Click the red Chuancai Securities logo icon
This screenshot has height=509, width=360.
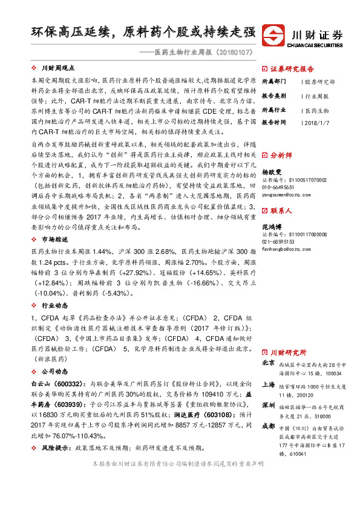coord(278,34)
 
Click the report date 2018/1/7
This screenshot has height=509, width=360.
coord(317,122)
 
